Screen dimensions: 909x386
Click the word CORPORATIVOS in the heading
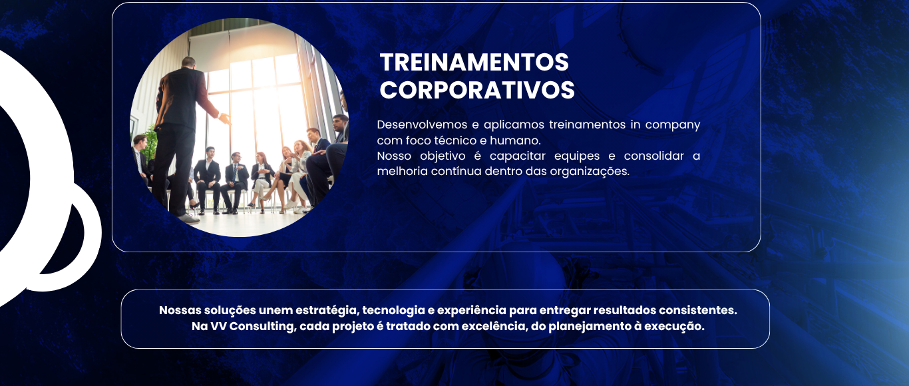pos(477,90)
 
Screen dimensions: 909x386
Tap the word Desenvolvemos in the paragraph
pos(421,124)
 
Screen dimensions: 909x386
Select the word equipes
pos(577,156)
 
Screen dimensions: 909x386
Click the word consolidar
pos(654,156)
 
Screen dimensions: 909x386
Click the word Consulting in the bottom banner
pos(263,327)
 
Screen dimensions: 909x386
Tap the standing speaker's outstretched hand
pos(224,118)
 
